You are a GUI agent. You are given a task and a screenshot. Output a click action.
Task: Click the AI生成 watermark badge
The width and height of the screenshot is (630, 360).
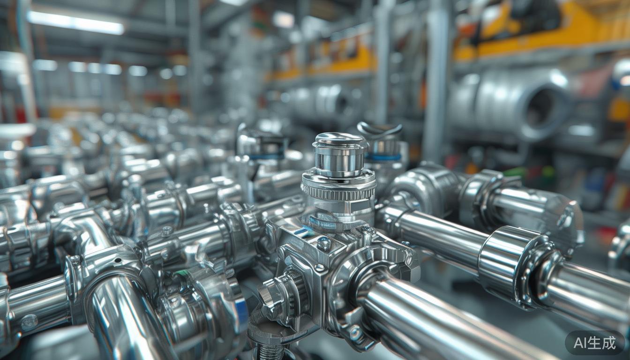[594, 343]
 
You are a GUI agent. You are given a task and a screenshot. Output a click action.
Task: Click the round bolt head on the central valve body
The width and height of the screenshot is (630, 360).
[324, 243]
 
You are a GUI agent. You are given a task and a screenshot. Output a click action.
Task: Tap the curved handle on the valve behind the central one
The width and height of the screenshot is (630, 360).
[379, 129]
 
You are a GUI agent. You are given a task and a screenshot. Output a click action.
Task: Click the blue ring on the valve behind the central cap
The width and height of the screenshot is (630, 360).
[383, 157]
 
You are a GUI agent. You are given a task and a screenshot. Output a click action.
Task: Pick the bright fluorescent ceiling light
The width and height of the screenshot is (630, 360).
[75, 23]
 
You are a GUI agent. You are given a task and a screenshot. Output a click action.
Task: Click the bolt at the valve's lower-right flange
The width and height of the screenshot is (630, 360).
[355, 333]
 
